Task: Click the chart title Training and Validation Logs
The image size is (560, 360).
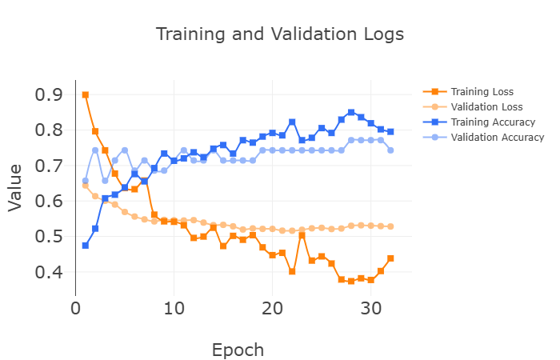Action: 279,34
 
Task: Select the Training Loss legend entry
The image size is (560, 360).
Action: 482,92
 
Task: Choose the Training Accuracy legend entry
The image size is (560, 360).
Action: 492,122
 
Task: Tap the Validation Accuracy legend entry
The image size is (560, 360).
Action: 497,138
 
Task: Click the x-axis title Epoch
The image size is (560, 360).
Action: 238,350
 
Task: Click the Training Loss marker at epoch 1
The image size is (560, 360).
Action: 86,94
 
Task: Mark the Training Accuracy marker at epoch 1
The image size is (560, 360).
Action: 86,246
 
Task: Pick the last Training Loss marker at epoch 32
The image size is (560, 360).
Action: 390,258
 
